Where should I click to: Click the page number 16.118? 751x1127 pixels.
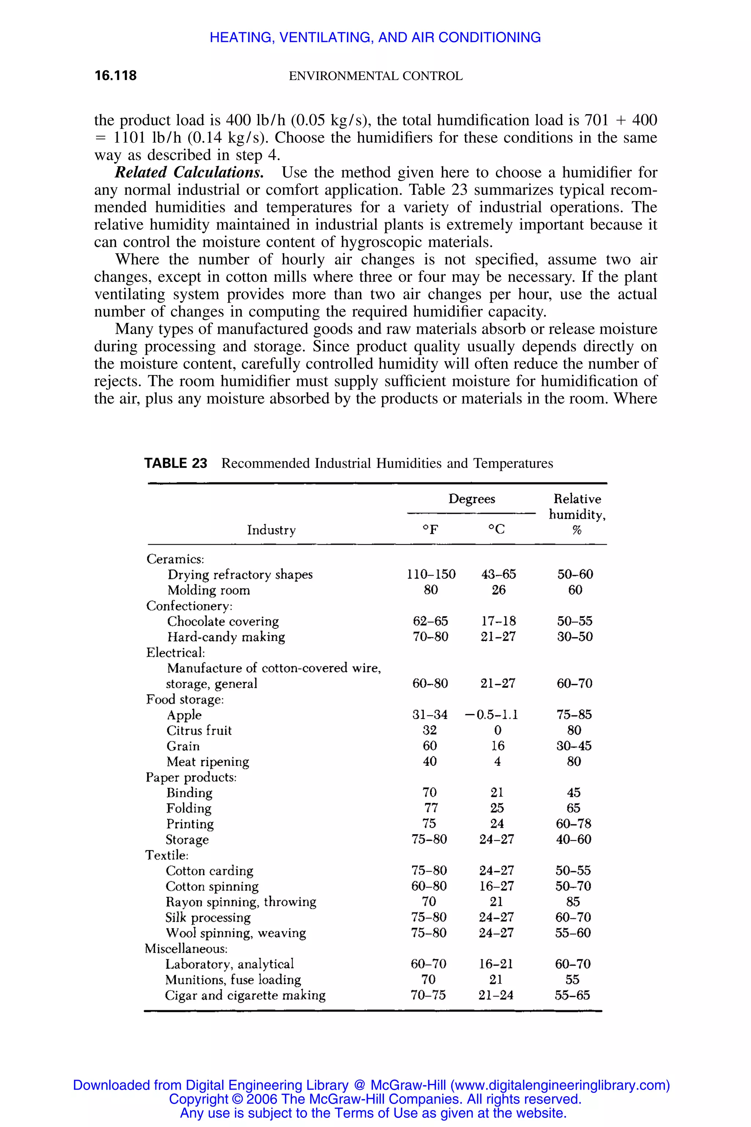coord(116,75)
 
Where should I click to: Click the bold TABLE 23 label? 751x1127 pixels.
coord(176,463)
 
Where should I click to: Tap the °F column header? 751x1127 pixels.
coord(430,529)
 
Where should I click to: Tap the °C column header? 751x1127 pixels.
coord(496,529)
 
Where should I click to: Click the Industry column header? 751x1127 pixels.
coord(271,530)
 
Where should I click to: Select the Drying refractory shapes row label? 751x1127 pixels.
coord(239,575)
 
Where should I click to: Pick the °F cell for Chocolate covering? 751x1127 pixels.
coord(430,621)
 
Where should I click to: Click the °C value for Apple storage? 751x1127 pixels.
coord(491,715)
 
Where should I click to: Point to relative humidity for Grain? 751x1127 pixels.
coord(574,746)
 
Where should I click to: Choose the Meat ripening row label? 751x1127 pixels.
coord(208,762)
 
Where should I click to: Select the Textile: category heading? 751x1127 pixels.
coord(167,855)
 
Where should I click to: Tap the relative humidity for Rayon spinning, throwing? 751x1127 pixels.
coord(573,902)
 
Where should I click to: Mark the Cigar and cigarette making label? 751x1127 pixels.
coord(245,995)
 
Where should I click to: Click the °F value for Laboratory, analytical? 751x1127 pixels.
coord(428,964)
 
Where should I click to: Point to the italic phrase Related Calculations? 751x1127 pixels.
coord(189,172)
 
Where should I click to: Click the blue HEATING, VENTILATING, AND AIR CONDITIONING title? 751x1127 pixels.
coord(375,37)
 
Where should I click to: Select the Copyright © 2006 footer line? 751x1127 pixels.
coord(375,1099)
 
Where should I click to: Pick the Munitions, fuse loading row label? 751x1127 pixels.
coord(233,980)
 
